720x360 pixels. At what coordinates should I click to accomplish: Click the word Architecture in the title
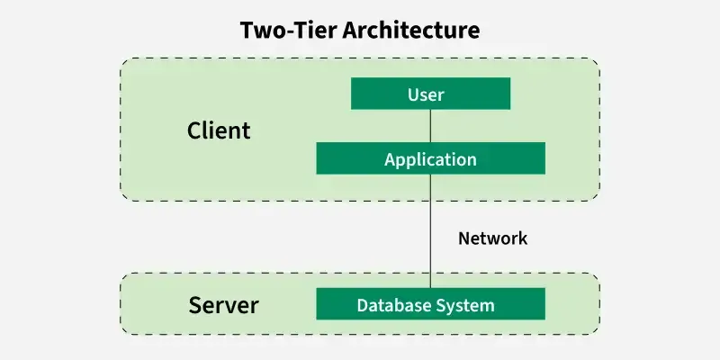click(411, 31)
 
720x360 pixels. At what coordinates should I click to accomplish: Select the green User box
click(430, 94)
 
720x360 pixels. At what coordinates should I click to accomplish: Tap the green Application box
click(430, 158)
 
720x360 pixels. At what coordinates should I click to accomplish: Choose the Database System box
click(430, 304)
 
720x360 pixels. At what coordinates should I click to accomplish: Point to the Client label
click(219, 130)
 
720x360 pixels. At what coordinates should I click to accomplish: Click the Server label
click(223, 305)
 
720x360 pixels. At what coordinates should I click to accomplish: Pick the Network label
click(492, 238)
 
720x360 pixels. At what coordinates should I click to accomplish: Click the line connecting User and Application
click(430, 126)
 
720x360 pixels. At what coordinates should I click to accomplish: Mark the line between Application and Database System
click(430, 231)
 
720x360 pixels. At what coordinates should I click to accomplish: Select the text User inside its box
click(426, 94)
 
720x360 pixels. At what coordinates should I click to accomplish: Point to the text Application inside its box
click(430, 160)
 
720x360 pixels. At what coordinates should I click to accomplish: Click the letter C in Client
click(193, 130)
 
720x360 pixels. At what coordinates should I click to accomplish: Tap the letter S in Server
click(195, 306)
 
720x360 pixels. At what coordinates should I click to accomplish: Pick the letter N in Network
click(464, 238)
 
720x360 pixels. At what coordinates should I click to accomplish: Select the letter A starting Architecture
click(350, 31)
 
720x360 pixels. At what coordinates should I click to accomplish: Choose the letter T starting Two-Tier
click(247, 31)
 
